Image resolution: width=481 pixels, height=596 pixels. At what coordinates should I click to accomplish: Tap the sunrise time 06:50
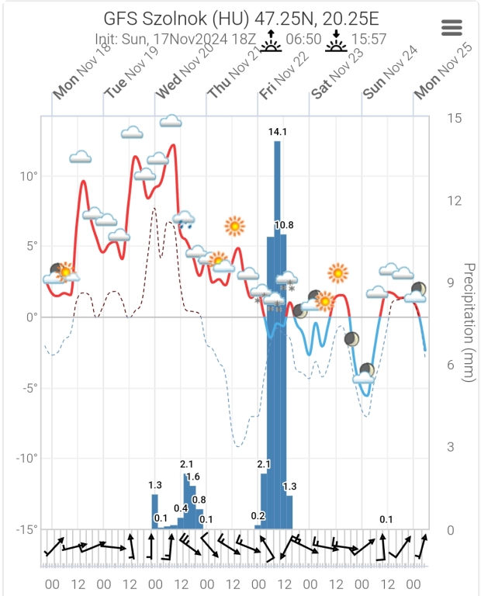pyautogui.click(x=304, y=39)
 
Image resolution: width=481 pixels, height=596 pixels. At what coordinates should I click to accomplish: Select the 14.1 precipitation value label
pyautogui.click(x=278, y=132)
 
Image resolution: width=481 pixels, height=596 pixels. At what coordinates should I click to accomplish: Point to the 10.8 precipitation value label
pyautogui.click(x=284, y=225)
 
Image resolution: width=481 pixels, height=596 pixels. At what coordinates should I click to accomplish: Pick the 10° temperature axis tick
pyautogui.click(x=29, y=175)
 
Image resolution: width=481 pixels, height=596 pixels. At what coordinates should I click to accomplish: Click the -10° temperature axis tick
pyautogui.click(x=26, y=458)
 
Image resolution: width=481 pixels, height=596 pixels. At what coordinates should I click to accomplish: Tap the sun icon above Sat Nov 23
pyautogui.click(x=337, y=273)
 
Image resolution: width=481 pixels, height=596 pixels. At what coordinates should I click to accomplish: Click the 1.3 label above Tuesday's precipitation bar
pyautogui.click(x=155, y=485)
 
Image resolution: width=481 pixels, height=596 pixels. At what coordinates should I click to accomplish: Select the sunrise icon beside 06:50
pyautogui.click(x=270, y=40)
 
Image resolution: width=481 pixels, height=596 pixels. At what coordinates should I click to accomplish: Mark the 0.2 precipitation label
pyautogui.click(x=258, y=515)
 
